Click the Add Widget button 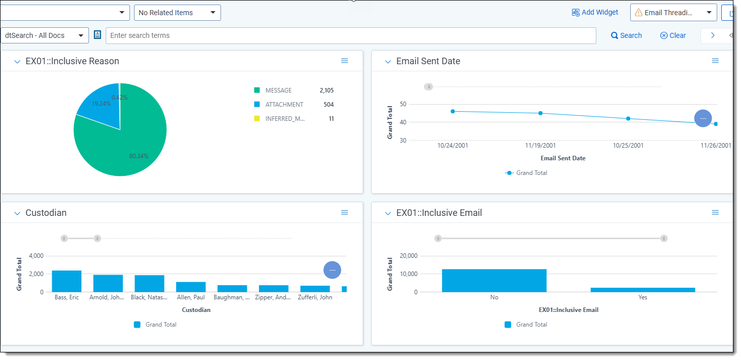pyautogui.click(x=595, y=13)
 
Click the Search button pyautogui.click(x=626, y=35)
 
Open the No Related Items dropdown pyautogui.click(x=177, y=13)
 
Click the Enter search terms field pyautogui.click(x=350, y=35)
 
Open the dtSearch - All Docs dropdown pyautogui.click(x=45, y=35)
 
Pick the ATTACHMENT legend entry pyautogui.click(x=284, y=105)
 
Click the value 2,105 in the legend pyautogui.click(x=326, y=91)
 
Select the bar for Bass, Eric pyautogui.click(x=67, y=281)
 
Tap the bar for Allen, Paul pyautogui.click(x=191, y=287)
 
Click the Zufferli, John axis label pyautogui.click(x=316, y=297)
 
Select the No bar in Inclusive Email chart pyautogui.click(x=494, y=281)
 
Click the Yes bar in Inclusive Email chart pyautogui.click(x=642, y=290)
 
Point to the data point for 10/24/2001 pyautogui.click(x=453, y=111)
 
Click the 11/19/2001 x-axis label pyautogui.click(x=540, y=146)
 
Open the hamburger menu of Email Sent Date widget pyautogui.click(x=715, y=61)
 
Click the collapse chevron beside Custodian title pyautogui.click(x=17, y=213)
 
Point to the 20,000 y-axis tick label pyautogui.click(x=408, y=256)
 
